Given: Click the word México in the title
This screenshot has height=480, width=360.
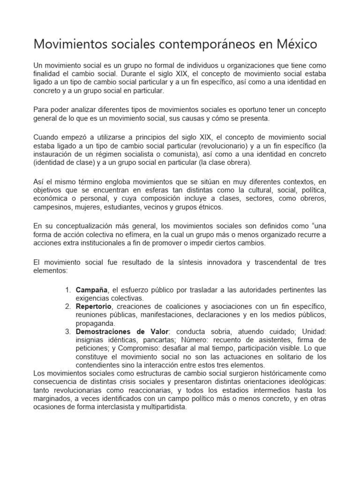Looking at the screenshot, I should pyautogui.click(x=293, y=44).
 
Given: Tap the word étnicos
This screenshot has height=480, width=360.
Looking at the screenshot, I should pyautogui.click(x=210, y=207).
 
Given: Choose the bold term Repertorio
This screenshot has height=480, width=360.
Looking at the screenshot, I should pyautogui.click(x=94, y=306).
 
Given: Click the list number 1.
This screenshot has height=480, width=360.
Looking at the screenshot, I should pyautogui.click(x=67, y=289).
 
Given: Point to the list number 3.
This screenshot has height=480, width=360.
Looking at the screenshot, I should pyautogui.click(x=67, y=331).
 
